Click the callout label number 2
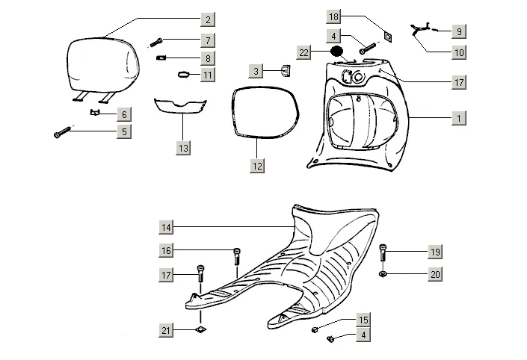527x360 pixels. coord(208,18)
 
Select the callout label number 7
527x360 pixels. coord(208,40)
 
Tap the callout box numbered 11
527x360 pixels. coord(208,75)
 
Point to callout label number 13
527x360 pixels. coord(183,149)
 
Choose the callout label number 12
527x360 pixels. coord(257,167)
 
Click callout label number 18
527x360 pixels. coord(334,16)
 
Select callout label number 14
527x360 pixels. coord(167,226)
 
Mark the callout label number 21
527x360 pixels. coord(167,330)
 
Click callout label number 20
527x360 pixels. coord(435,274)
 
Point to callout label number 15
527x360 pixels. coord(363,320)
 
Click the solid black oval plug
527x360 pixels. coord(337,52)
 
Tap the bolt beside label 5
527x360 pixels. coord(61,133)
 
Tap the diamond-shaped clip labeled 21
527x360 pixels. coord(200,329)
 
